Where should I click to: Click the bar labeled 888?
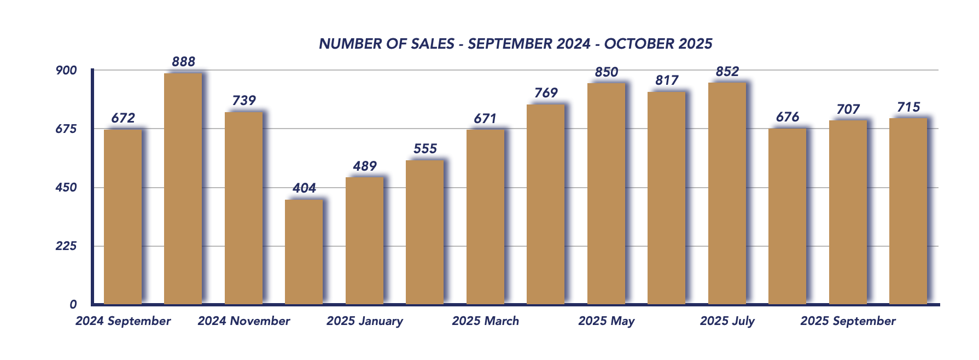(x=183, y=189)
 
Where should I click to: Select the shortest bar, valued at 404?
(x=304, y=252)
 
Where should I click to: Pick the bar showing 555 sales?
(x=425, y=232)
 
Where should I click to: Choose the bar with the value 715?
(x=908, y=211)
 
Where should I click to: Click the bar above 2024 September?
(x=123, y=217)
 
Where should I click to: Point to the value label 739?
(x=244, y=101)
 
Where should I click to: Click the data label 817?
(x=667, y=81)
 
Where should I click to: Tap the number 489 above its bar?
(x=365, y=166)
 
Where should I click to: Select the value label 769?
(x=546, y=93)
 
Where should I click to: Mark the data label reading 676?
(x=788, y=117)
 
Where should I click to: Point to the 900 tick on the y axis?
(x=67, y=71)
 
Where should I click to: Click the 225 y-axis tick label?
(x=67, y=246)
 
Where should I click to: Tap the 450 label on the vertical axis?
(x=67, y=188)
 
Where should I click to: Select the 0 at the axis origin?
(x=73, y=305)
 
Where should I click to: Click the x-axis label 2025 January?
(x=365, y=321)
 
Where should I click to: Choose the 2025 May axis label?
(x=606, y=321)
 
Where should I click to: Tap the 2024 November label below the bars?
(x=244, y=321)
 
